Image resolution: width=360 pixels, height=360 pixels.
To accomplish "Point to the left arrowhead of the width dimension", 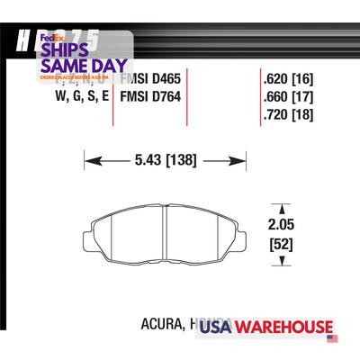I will click(88, 162).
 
